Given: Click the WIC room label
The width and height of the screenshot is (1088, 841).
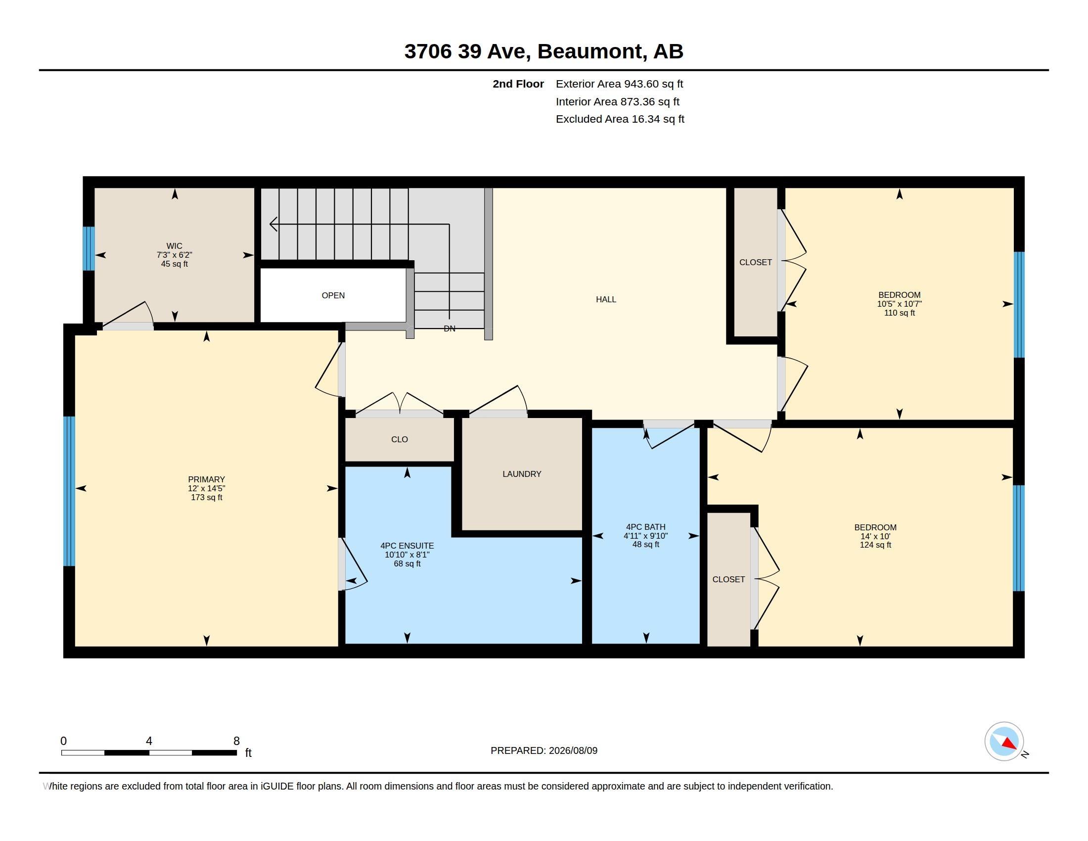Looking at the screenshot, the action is pos(175,246).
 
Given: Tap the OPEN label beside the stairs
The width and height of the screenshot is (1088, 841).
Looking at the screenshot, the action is pos(333,295).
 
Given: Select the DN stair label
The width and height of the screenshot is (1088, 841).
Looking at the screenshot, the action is pos(450,328).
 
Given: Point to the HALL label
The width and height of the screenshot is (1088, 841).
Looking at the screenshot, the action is pos(606,299).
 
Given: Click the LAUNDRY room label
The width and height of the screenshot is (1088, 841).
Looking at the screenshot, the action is pos(522,474).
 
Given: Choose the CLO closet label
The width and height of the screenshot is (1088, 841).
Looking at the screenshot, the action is pos(400,439).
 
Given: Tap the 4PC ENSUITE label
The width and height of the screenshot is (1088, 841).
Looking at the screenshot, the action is pos(407,546).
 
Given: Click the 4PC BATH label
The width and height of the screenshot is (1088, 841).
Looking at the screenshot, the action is pos(645,527).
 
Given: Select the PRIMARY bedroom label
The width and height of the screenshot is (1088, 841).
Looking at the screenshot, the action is pos(206,479).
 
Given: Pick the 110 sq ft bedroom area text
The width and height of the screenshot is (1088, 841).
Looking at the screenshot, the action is pos(899,313).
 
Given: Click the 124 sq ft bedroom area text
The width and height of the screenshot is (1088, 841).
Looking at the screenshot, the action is pos(875,545).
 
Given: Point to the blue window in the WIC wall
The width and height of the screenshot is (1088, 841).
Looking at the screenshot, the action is pos(89,248).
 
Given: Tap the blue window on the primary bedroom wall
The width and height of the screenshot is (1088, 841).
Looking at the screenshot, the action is pos(69,491).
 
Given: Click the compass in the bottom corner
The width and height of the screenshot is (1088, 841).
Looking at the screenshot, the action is pos(1004,742).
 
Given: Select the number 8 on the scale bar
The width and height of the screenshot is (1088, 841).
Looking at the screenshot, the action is pos(236,741).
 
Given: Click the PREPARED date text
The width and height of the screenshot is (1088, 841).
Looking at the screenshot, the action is pos(544,750).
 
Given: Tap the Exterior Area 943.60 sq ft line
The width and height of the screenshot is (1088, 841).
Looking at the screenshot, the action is pos(619,84).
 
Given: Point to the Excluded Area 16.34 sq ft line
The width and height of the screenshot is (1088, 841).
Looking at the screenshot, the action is pos(620,119).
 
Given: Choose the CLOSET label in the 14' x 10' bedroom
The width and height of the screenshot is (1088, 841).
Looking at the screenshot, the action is pos(728,579).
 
